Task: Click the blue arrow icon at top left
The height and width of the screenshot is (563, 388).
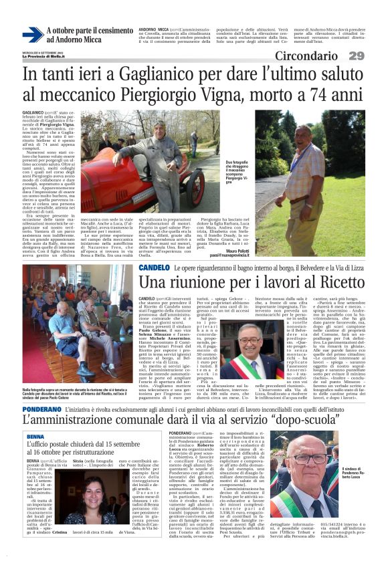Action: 32,35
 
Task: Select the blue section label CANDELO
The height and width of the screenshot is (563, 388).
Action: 154,268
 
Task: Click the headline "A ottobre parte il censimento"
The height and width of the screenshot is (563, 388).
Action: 90,31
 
